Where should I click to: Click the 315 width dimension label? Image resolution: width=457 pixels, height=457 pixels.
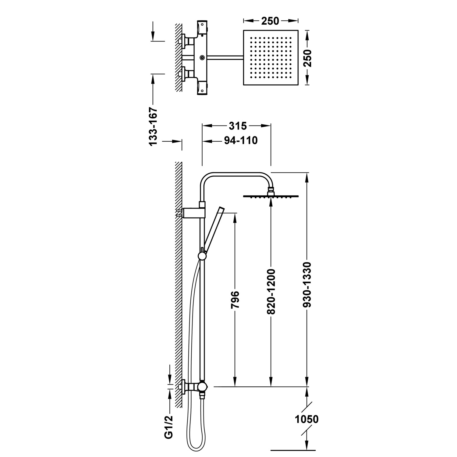point(237,126)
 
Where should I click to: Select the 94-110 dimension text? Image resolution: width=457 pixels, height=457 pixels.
point(241,140)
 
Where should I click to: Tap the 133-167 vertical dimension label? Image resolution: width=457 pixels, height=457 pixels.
point(153,126)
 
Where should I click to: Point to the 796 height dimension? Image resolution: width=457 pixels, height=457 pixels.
point(235,300)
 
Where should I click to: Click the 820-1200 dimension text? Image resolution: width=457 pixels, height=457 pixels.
point(271,291)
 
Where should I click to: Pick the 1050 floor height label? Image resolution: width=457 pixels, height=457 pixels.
point(306,419)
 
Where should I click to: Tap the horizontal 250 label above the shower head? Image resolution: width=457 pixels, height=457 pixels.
point(270,21)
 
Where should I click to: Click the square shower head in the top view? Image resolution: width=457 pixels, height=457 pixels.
point(270,57)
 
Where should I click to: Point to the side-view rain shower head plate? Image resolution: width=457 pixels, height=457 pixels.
point(271,196)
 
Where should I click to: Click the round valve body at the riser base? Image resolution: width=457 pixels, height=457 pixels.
point(202,387)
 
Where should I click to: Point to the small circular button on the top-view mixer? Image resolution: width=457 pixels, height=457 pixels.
point(202,57)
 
